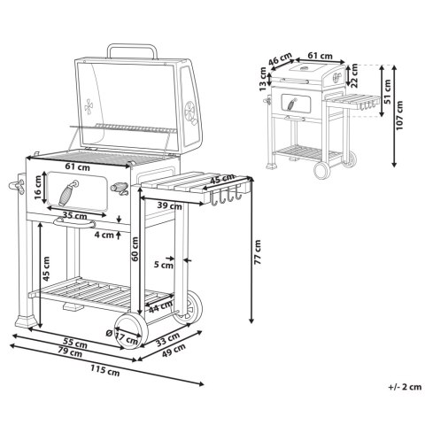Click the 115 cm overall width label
(105, 371)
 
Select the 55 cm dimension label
(75, 344)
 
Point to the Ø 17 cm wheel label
(122, 336)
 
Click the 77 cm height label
(258, 251)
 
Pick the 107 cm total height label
(399, 115)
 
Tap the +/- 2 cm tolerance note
(405, 387)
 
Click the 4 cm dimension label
(104, 236)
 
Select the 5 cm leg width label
(164, 265)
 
